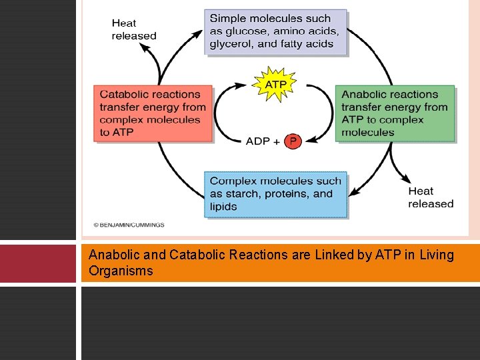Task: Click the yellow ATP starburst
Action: coord(276,85)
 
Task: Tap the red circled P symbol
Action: coord(292,141)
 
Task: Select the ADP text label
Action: coord(258,141)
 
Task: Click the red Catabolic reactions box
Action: coord(153,113)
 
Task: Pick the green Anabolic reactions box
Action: coord(395,113)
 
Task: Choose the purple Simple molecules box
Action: coord(276,32)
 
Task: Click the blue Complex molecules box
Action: coord(276,194)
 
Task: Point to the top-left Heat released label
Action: coord(134,29)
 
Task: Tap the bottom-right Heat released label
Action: coord(431,197)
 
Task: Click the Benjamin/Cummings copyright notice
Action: coord(129,225)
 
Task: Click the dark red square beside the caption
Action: coord(38,263)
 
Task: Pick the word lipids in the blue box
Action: coord(224,207)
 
